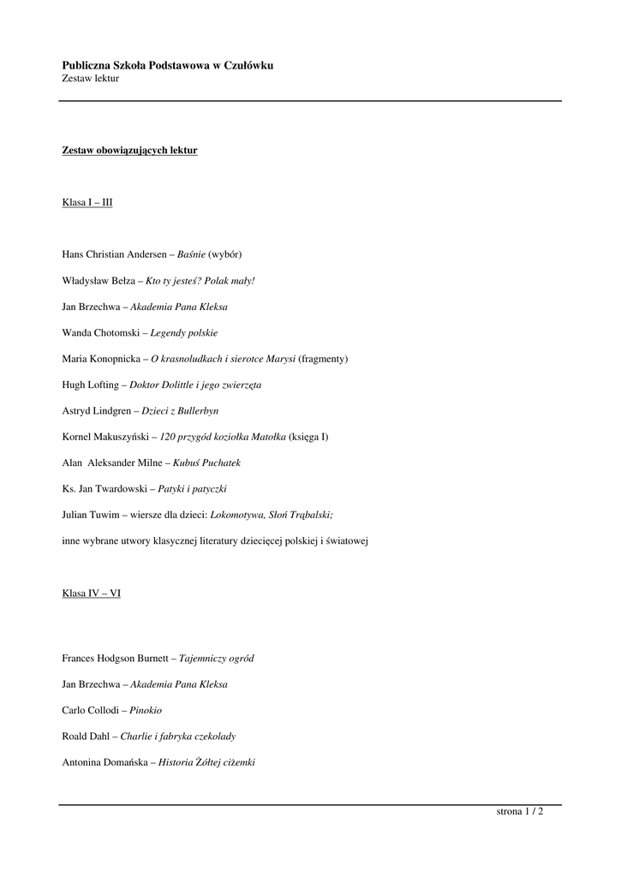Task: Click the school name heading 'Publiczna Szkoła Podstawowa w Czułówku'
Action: [168, 65]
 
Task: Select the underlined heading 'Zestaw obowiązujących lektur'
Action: [129, 151]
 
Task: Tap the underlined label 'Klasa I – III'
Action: [87, 203]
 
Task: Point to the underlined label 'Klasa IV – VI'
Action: [91, 594]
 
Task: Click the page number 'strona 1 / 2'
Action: [520, 812]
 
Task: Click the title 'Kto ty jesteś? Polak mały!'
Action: [200, 280]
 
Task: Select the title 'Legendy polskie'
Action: [184, 332]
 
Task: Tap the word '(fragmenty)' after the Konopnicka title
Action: [323, 358]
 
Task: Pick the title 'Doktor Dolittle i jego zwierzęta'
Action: [195, 385]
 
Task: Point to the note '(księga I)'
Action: [308, 437]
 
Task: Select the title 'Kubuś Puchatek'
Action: [206, 463]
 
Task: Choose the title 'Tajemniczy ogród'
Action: [216, 659]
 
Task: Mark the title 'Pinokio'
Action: [146, 711]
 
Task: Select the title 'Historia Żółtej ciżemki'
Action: [207, 763]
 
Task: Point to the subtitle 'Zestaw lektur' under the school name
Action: [90, 79]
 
